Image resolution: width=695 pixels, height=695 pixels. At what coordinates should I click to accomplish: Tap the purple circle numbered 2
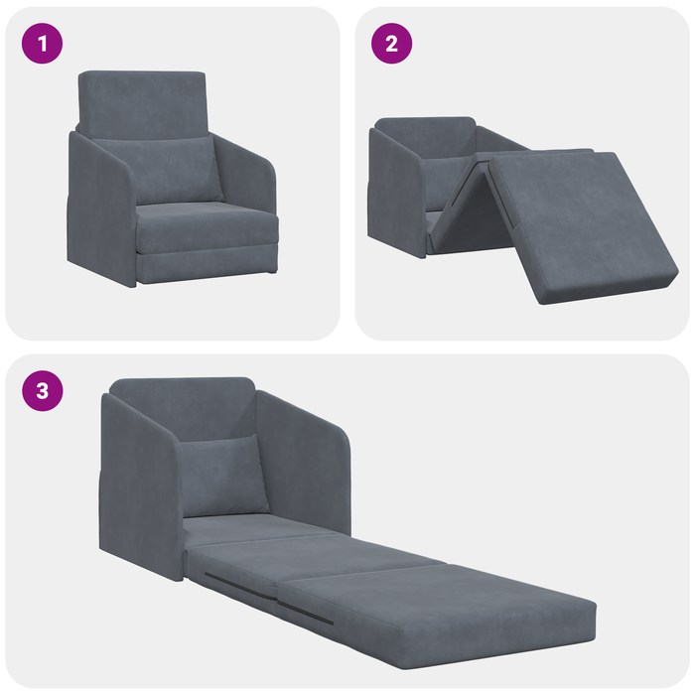(x=392, y=45)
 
